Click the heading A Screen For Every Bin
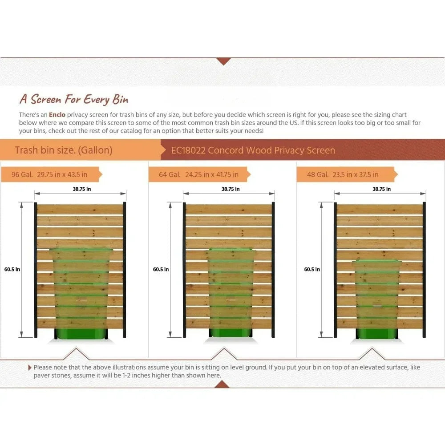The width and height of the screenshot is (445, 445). (x=74, y=99)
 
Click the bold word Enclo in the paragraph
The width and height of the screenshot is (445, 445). (x=57, y=115)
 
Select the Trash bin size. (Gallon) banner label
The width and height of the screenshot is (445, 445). (x=64, y=150)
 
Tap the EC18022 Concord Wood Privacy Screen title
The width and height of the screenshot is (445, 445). (x=253, y=150)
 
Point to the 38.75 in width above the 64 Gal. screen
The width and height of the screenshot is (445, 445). (x=231, y=189)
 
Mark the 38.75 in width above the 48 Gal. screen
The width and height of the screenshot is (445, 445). (x=382, y=189)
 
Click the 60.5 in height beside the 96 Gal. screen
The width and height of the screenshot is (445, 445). (x=12, y=269)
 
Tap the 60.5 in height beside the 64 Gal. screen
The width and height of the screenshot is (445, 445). (x=161, y=269)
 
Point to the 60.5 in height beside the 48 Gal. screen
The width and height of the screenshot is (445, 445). (x=312, y=269)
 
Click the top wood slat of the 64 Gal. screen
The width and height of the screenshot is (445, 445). (x=229, y=209)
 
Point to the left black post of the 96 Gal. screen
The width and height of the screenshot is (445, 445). (x=36, y=269)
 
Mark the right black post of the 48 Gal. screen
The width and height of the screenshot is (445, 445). (x=424, y=269)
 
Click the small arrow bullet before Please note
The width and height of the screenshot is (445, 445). (x=30, y=368)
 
